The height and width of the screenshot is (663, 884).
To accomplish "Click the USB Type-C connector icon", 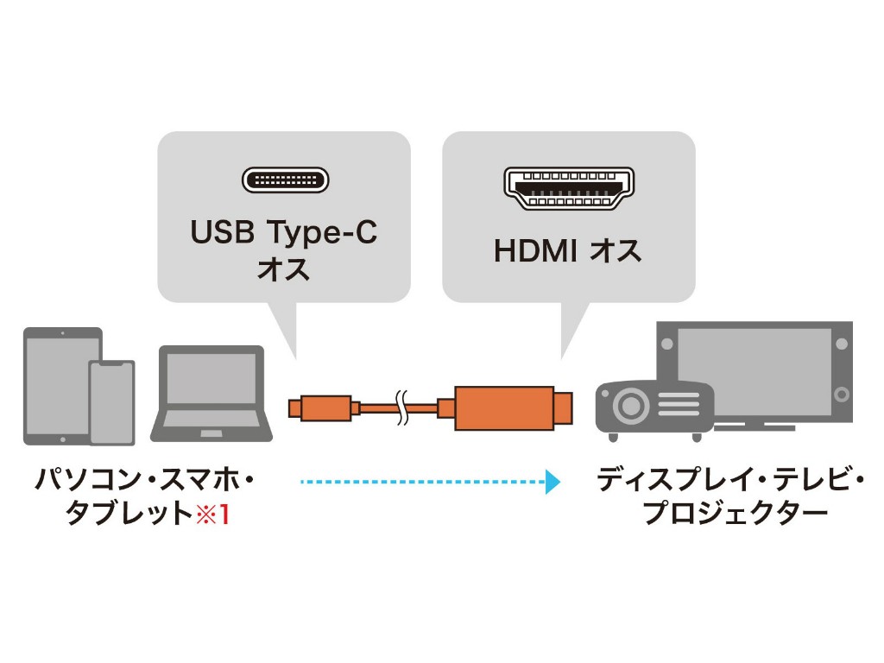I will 285,180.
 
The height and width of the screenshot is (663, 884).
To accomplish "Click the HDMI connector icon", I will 568,187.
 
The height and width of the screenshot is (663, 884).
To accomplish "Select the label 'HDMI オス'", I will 568,250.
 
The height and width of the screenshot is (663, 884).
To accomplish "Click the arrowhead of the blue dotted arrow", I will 552,481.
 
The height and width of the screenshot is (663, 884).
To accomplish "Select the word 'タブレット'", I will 129,515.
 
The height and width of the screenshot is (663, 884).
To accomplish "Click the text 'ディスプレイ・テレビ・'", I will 730,480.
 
